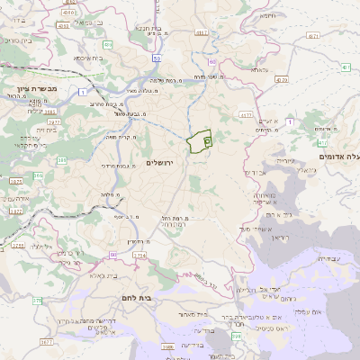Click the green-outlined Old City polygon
click(200, 140)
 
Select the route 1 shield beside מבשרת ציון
click(83, 93)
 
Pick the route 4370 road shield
click(282, 79)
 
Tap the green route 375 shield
click(38, 300)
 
